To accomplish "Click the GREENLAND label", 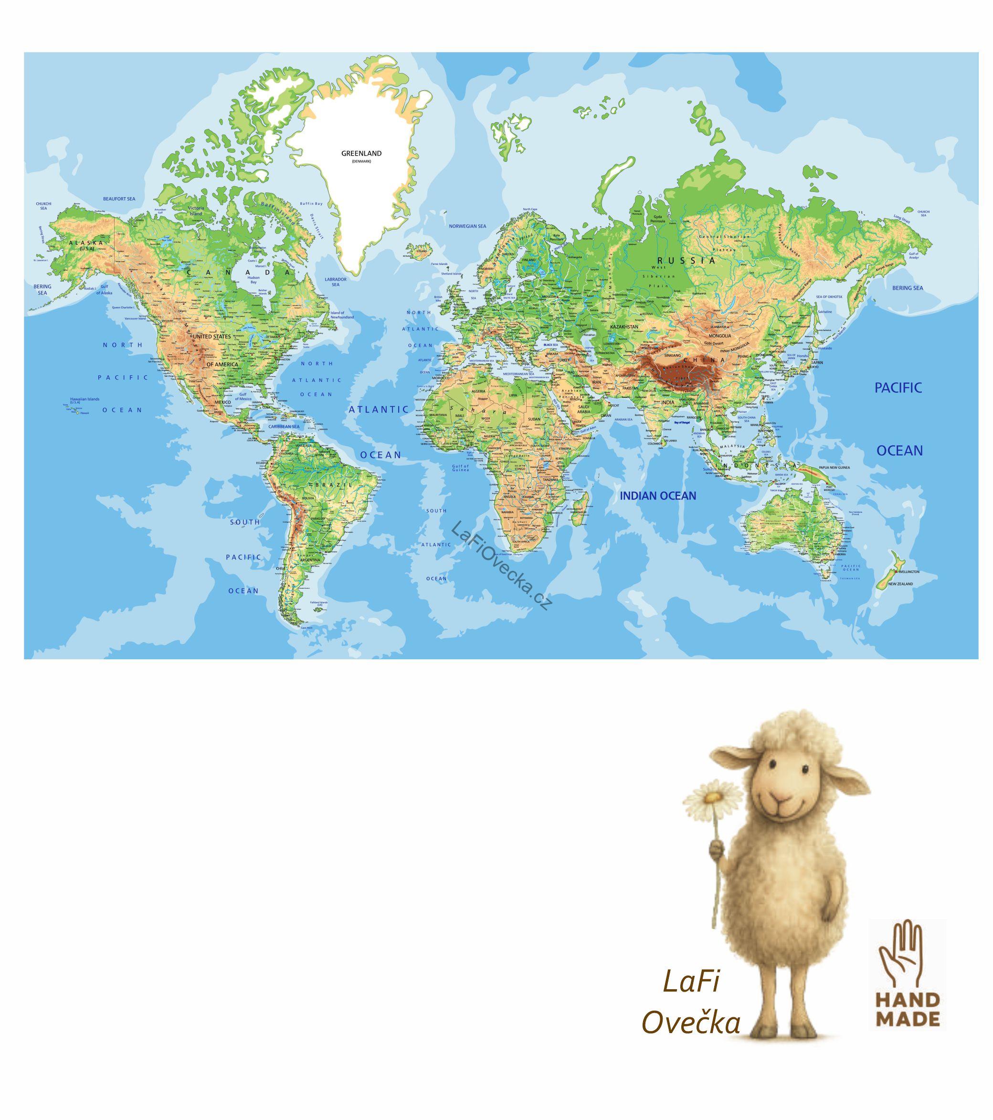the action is [x=361, y=153].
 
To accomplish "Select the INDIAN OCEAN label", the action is [x=657, y=496].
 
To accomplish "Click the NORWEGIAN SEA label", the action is [x=467, y=226].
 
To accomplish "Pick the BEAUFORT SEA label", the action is [x=119, y=199].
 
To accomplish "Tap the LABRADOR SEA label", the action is [x=336, y=282].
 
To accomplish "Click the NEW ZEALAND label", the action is [x=900, y=584].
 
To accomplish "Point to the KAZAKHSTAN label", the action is [x=623, y=327].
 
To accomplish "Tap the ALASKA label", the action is [x=86, y=242].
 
